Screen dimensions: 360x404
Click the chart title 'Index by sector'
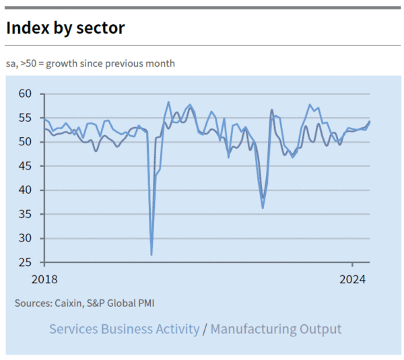click(x=65, y=28)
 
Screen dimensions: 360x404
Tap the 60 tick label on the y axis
click(x=26, y=94)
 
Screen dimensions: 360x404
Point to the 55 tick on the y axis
click(x=26, y=118)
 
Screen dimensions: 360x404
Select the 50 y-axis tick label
click(x=26, y=142)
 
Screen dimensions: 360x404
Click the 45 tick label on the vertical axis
click(x=26, y=166)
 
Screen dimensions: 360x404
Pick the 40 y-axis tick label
click(x=26, y=190)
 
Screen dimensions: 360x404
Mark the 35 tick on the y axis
click(x=26, y=214)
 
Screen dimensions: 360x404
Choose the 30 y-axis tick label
click(x=26, y=238)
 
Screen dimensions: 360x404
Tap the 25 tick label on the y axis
click(x=26, y=262)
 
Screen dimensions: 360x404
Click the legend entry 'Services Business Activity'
click(x=125, y=329)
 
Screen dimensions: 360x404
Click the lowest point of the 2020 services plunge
click(x=151, y=254)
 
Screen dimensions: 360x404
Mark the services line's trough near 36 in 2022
click(x=263, y=208)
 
